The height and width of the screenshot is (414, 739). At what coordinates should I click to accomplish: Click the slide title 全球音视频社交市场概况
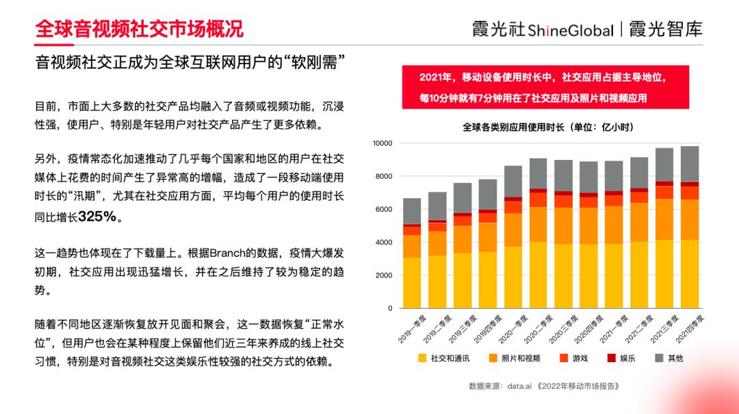point(139,29)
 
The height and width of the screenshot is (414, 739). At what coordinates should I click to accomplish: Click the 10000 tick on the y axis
point(382,143)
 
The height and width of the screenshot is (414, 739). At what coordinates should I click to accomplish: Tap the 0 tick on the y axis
point(390,308)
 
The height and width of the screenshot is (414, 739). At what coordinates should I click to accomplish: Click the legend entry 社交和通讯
point(445,358)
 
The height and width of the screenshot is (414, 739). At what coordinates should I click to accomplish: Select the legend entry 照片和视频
point(515,358)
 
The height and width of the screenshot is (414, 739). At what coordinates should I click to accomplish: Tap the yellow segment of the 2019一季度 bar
point(412,283)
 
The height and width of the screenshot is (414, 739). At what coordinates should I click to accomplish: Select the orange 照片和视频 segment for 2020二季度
point(539,224)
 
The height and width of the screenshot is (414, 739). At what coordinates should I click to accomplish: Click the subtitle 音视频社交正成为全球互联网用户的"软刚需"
point(190,63)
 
